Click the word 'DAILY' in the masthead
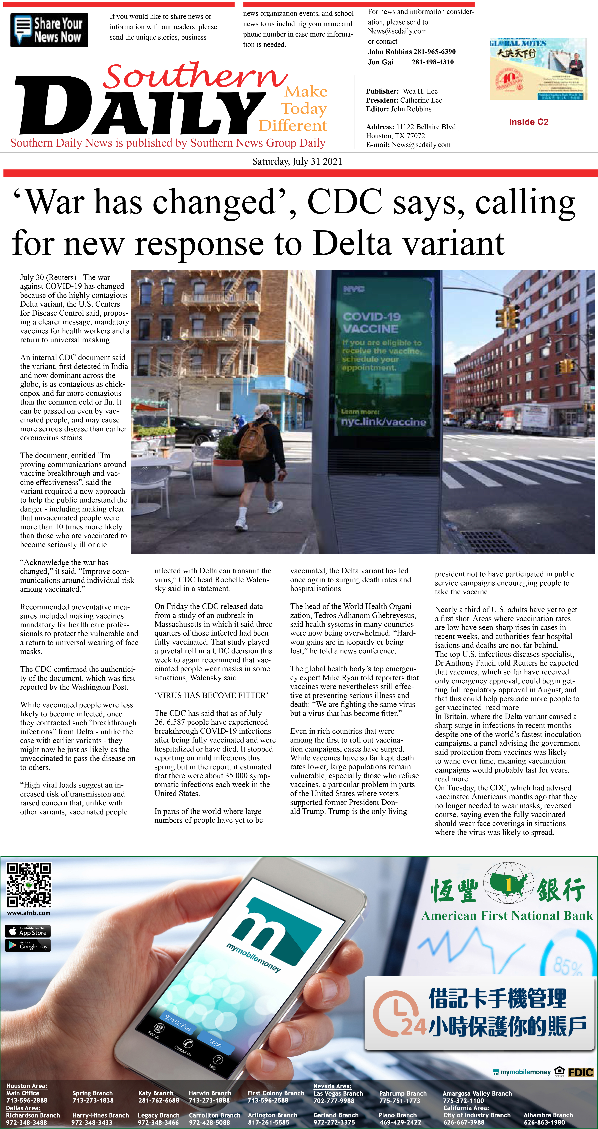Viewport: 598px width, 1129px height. coord(140,107)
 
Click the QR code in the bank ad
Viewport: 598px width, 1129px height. coord(28,885)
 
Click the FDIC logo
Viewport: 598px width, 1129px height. coord(581,1072)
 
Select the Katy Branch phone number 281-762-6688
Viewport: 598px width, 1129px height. coord(159,1100)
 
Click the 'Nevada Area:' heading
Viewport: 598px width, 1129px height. coord(332,1086)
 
